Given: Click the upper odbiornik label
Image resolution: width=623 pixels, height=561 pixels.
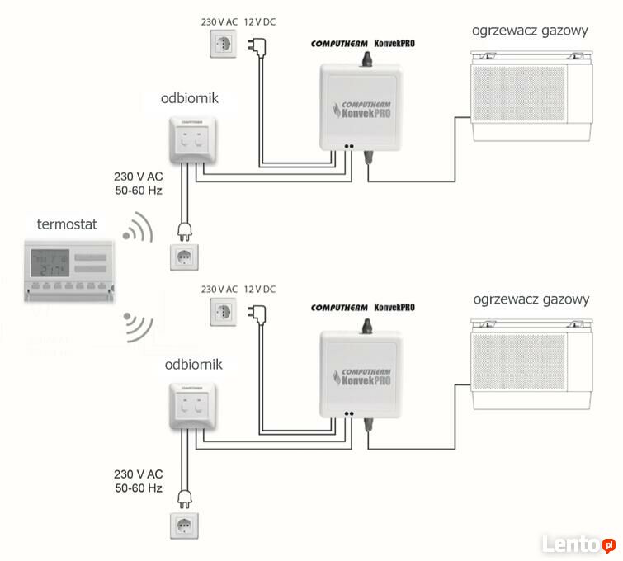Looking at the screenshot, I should point(190,101).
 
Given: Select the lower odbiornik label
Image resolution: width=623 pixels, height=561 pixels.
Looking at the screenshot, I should point(193,365).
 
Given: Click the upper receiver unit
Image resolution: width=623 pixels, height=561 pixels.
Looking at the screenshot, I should point(189,139).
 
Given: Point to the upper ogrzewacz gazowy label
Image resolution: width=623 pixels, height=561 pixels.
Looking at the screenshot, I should point(530,32).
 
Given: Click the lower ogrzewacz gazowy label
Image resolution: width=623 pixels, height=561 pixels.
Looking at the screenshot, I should point(530,299).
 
